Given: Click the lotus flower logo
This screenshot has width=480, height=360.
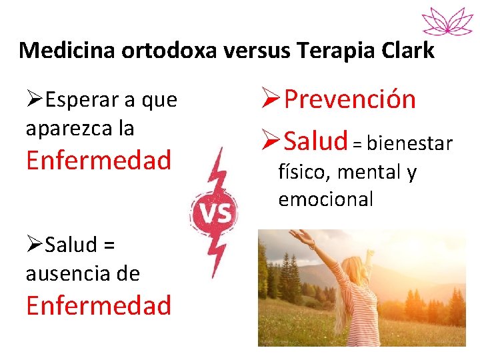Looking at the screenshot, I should click(x=447, y=20).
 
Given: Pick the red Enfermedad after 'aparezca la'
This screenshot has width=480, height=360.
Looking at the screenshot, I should click(x=99, y=160).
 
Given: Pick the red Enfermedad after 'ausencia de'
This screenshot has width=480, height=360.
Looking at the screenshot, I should click(x=99, y=305).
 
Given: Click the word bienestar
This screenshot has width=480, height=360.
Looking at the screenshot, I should click(x=410, y=143).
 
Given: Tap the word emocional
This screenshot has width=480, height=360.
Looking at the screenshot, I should click(x=326, y=199).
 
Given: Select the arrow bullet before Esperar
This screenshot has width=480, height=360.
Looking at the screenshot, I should click(x=35, y=100).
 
